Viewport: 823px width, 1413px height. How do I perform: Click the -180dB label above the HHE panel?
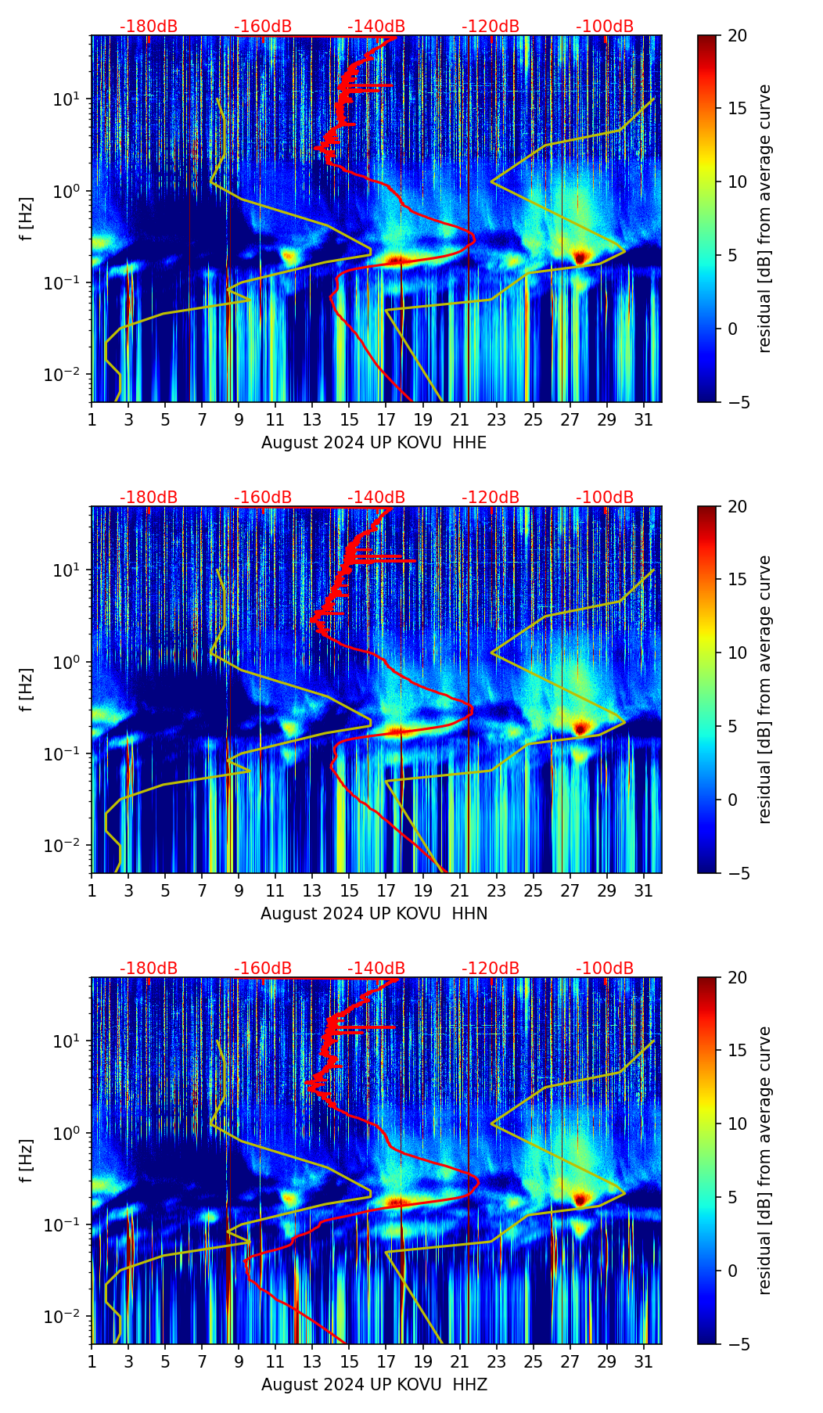pyautogui.click(x=149, y=27)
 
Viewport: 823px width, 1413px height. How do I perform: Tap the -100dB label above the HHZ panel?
pyautogui.click(x=605, y=969)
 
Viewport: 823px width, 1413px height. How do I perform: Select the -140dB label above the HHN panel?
pyautogui.click(x=376, y=498)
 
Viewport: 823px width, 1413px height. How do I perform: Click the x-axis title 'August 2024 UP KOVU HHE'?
pyautogui.click(x=374, y=443)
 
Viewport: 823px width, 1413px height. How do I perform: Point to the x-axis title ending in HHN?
pyautogui.click(x=374, y=914)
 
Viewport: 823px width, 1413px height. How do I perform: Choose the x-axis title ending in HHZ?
pyautogui.click(x=374, y=1385)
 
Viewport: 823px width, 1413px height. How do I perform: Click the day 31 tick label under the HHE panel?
pyautogui.click(x=643, y=420)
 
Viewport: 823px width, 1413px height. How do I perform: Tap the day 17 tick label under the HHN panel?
pyautogui.click(x=386, y=891)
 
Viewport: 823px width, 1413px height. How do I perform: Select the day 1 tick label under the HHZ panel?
pyautogui.click(x=92, y=1362)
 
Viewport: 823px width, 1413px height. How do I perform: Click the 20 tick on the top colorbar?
pyautogui.click(x=737, y=35)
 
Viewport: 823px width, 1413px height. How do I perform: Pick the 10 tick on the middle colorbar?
pyautogui.click(x=737, y=653)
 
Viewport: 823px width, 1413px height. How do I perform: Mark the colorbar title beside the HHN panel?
pyautogui.click(x=764, y=689)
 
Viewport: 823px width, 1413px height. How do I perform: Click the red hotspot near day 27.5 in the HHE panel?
pyautogui.click(x=580, y=257)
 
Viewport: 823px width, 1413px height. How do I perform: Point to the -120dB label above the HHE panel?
pyautogui.click(x=491, y=27)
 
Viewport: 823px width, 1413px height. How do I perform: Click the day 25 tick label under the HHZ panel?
pyautogui.click(x=533, y=1362)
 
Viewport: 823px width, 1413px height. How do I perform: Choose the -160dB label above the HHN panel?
pyautogui.click(x=263, y=498)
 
